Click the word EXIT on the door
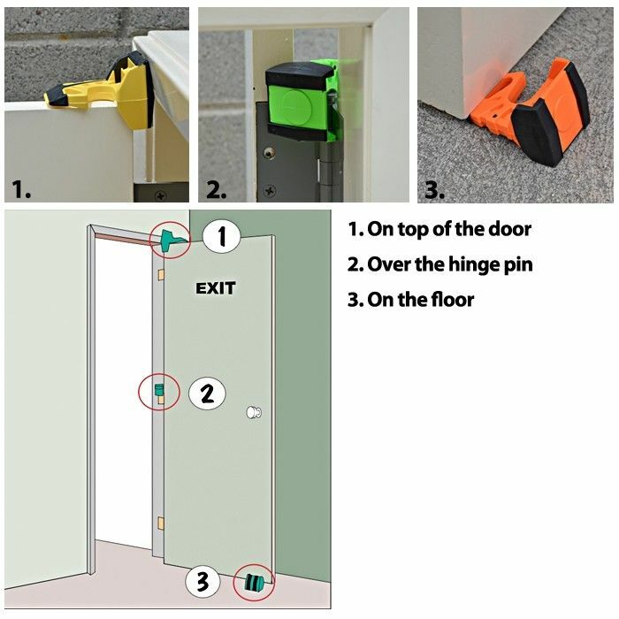(216, 288)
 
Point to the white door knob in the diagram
(254, 412)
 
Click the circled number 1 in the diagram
(224, 237)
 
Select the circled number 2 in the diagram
(207, 393)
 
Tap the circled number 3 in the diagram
(203, 582)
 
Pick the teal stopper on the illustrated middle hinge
(159, 390)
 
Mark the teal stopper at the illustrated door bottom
(254, 583)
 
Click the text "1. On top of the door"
(439, 229)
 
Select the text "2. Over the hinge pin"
(439, 264)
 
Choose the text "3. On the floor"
(410, 300)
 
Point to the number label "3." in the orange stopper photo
(433, 188)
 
